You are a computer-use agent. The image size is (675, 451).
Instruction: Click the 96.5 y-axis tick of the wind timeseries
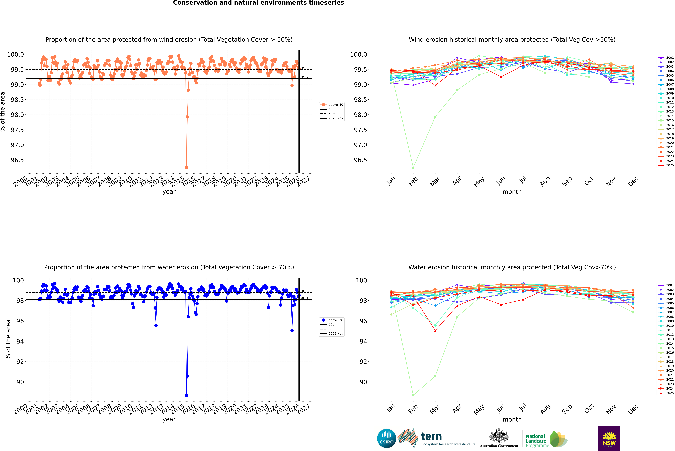coord(17,160)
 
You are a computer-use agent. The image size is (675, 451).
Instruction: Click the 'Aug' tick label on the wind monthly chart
coord(545,181)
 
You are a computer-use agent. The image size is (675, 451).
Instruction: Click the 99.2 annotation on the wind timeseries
coord(305,77)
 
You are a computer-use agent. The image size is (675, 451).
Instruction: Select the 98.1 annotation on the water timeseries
coord(305,298)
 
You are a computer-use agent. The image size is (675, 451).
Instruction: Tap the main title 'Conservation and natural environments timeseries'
coord(258,3)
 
